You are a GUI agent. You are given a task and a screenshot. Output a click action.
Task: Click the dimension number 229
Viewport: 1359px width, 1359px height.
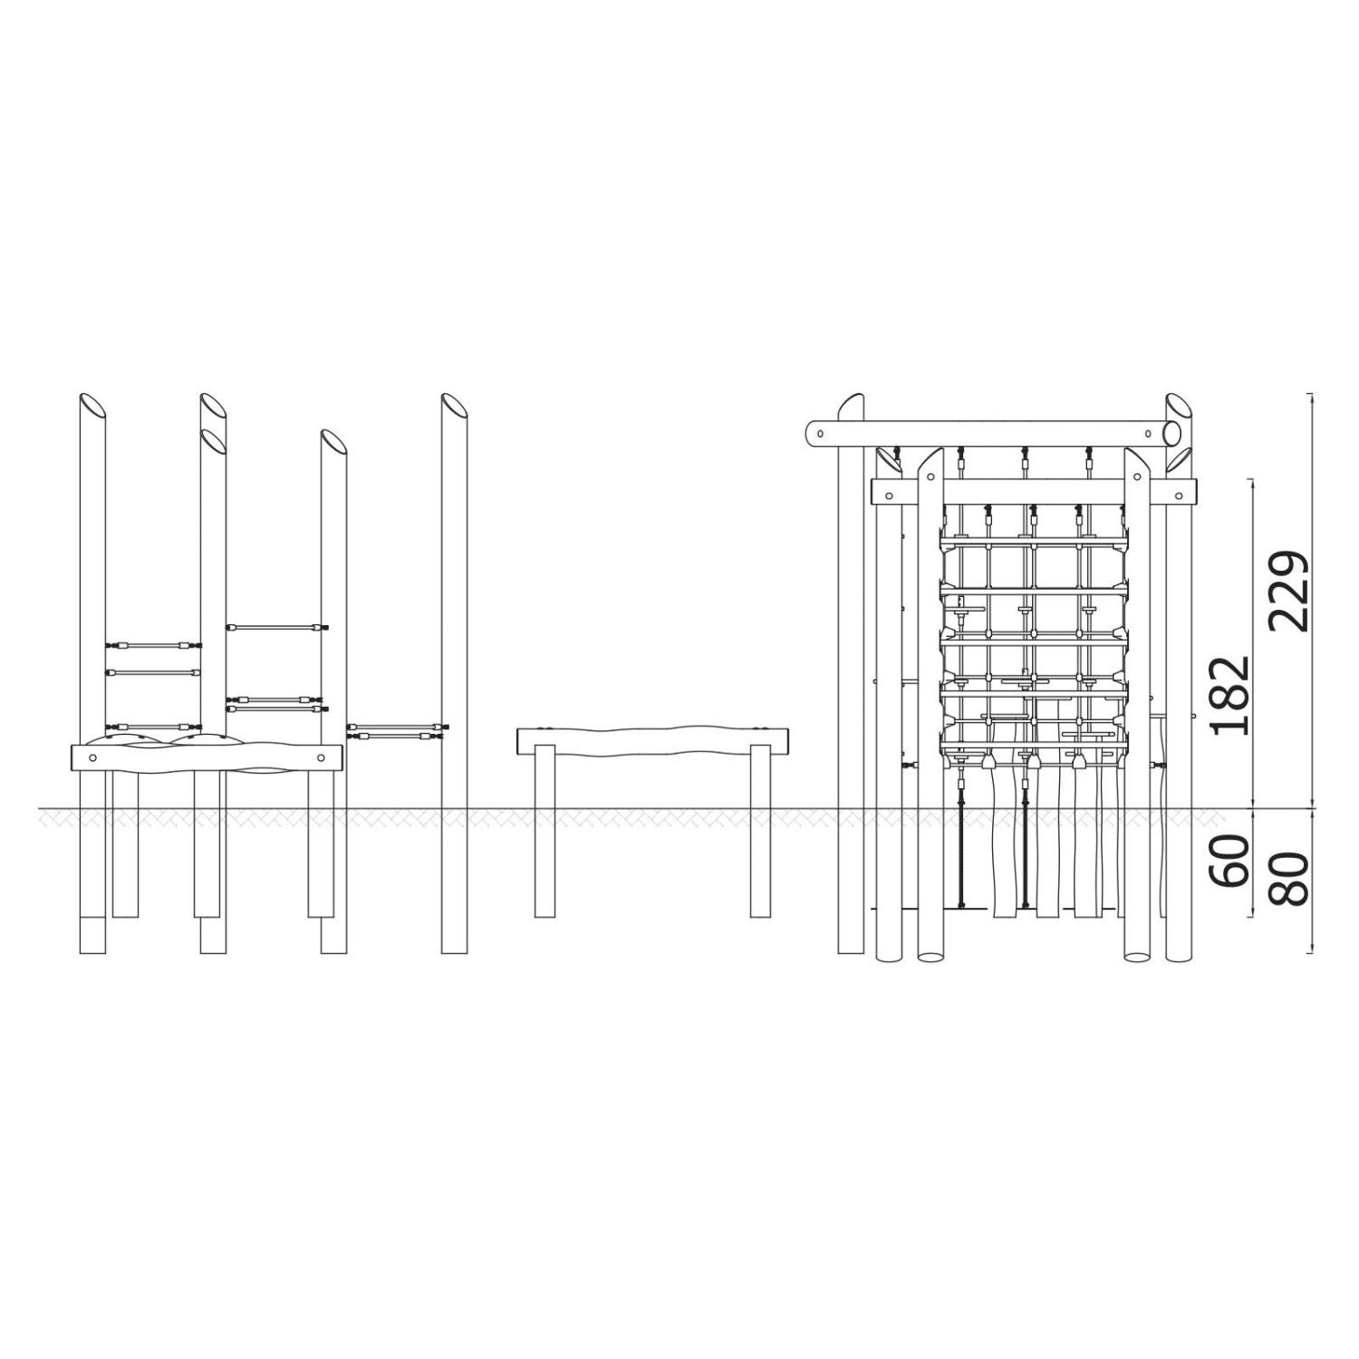(1288, 591)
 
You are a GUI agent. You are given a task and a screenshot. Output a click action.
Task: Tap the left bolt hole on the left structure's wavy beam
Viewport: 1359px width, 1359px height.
(92, 757)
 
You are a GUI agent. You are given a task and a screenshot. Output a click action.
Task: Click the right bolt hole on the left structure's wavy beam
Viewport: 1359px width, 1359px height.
(321, 757)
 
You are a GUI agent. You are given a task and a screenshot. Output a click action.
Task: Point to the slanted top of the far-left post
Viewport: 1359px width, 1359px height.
(93, 404)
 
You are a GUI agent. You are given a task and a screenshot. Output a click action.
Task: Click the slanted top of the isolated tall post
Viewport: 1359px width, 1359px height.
(455, 404)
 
